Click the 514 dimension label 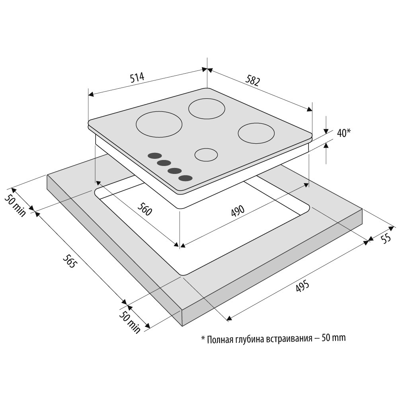[137, 78]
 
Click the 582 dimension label [253, 80]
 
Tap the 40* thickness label [344, 133]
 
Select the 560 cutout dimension [145, 209]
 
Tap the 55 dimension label [386, 238]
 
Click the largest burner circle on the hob [159, 124]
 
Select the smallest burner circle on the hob [206, 154]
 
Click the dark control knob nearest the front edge [185, 178]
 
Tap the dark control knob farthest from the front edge [154, 156]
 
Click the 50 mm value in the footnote [334, 338]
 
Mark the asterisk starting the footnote [203, 338]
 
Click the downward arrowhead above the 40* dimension [326, 131]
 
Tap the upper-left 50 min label [15, 206]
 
